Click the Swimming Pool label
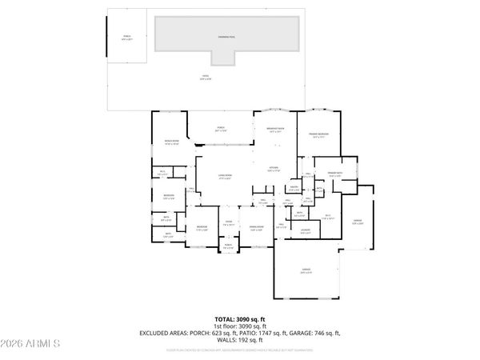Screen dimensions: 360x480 pos(227,38)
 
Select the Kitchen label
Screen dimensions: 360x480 pos(273,169)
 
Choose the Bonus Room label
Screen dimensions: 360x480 pos(170,143)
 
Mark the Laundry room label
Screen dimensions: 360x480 pos(306,232)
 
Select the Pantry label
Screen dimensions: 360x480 pos(294,188)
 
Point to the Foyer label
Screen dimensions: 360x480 pos(228,223)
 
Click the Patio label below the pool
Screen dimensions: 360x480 pos(206,77)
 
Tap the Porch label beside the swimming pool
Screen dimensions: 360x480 pos(126,38)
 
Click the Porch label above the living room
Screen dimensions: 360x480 pos(222,129)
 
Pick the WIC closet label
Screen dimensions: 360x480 pos(328,216)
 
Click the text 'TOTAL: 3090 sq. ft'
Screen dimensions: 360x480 pos(240,319)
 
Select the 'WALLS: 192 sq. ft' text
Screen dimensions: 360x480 pos(240,340)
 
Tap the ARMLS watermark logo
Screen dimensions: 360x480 pos(32,344)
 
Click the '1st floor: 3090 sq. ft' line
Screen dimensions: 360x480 pos(240,326)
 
